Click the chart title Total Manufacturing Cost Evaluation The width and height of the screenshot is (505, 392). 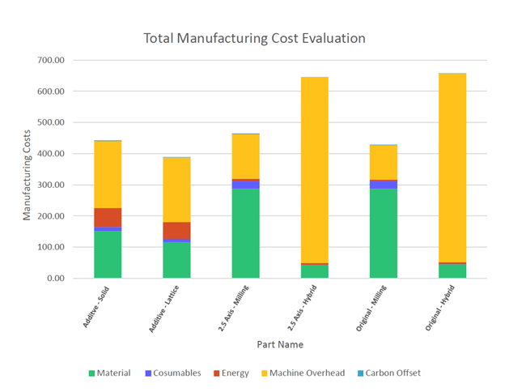pyautogui.click(x=254, y=38)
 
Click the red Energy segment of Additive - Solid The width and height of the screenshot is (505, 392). pyautogui.click(x=108, y=217)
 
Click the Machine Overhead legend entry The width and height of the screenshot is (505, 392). pyautogui.click(x=299, y=373)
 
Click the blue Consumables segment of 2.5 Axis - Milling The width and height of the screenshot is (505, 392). pyautogui.click(x=246, y=185)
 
